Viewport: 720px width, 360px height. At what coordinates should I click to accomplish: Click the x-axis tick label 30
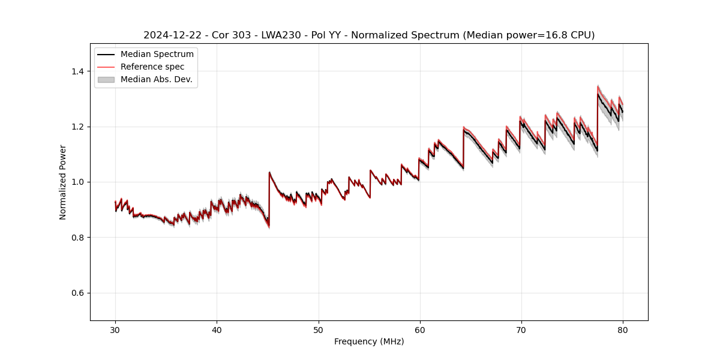point(115,329)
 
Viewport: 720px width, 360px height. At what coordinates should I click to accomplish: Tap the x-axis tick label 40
point(217,329)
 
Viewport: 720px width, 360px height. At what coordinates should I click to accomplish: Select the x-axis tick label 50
point(319,329)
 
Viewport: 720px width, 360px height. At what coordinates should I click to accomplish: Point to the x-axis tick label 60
point(420,329)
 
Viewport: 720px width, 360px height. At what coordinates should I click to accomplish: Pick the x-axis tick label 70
point(521,329)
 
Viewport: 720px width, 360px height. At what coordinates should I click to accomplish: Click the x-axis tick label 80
point(623,329)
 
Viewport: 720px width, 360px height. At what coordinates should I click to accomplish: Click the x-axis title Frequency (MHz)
point(369,341)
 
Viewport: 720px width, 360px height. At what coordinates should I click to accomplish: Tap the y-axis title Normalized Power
point(63,182)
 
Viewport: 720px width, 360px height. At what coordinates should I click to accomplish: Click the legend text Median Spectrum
point(157,55)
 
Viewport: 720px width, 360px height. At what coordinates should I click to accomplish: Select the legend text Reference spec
point(152,67)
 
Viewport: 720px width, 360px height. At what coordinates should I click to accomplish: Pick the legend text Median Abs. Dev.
point(157,79)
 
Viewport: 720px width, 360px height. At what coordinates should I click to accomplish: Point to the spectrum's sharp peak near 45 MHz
point(269,172)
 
